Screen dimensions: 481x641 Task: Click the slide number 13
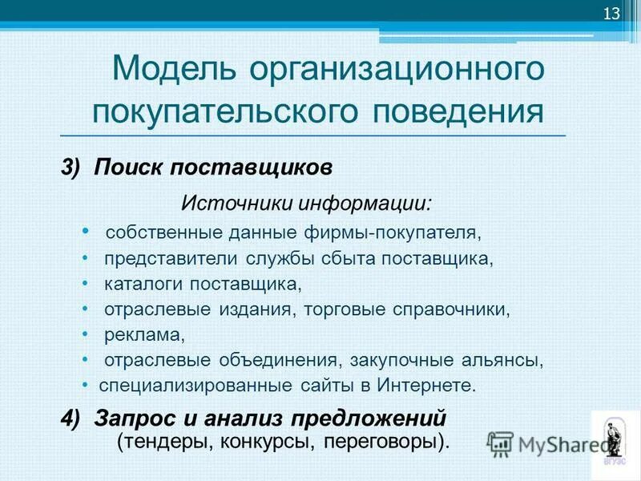611,14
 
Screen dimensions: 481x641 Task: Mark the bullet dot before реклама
86,333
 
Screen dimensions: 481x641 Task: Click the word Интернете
428,385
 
